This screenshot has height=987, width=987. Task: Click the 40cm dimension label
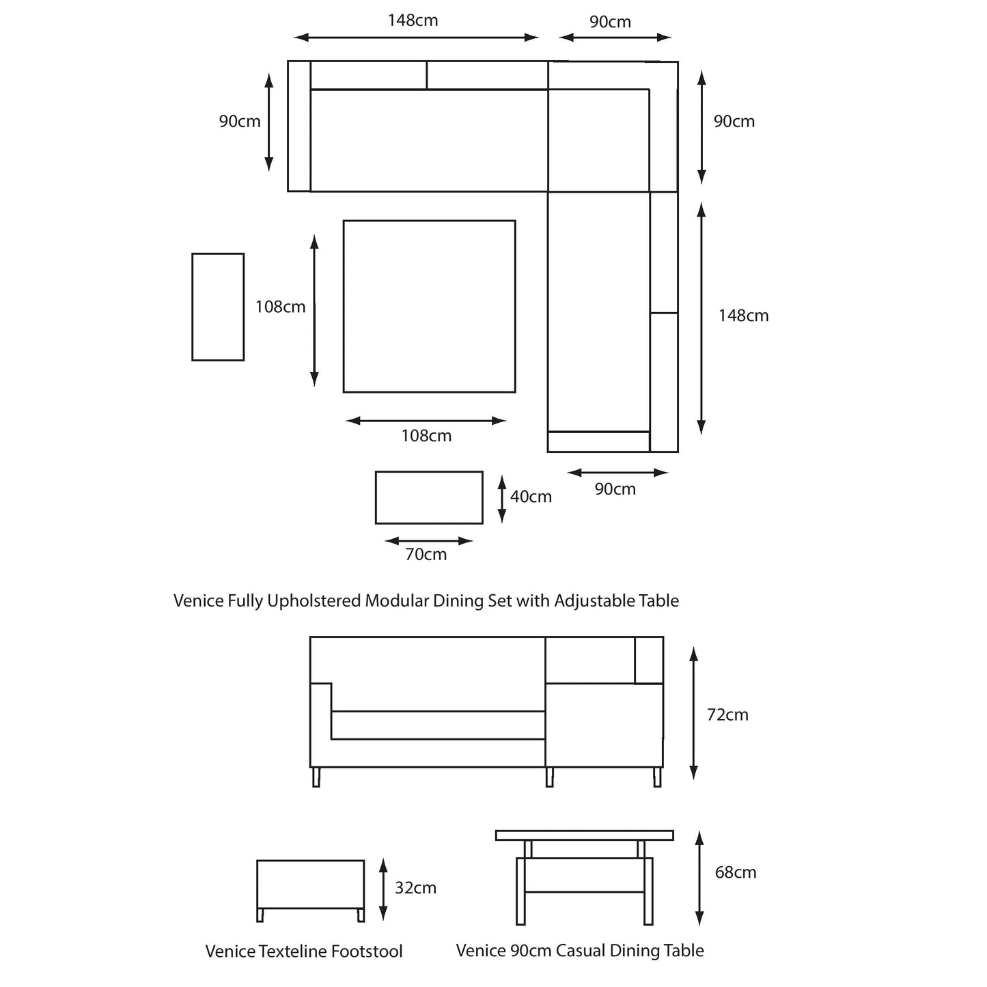[x=531, y=497]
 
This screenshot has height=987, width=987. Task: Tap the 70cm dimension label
[x=426, y=554]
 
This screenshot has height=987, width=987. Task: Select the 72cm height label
[x=727, y=714]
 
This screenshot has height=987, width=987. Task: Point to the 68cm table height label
[x=736, y=872]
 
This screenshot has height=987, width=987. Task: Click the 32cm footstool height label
[x=415, y=888]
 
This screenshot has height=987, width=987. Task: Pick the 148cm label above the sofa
[x=413, y=20]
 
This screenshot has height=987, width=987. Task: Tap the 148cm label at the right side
[x=743, y=316]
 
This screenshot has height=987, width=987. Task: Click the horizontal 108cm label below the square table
[x=426, y=436]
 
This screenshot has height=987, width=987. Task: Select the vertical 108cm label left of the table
[x=280, y=307]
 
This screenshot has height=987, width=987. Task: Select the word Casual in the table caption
[x=579, y=950]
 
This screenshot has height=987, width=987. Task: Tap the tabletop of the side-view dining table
[x=585, y=835]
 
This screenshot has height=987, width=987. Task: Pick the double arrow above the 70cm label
[x=429, y=541]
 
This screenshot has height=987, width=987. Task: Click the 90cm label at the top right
[x=610, y=22]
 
